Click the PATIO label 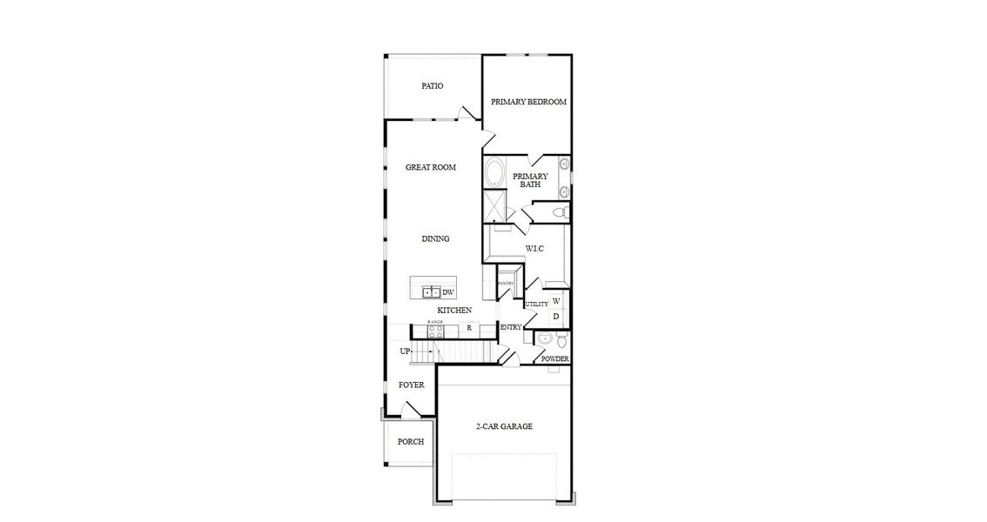coord(433,86)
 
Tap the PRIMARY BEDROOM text coord(528,102)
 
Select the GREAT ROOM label coord(431,167)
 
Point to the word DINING coord(435,239)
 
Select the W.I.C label coord(534,250)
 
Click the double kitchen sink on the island coord(432,292)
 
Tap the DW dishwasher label coord(448,292)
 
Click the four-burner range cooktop coord(435,330)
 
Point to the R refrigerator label coord(468,329)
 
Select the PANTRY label coord(506,284)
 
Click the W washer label coord(556,301)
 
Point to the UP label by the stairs coord(405,351)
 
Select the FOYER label coord(412,385)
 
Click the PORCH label coord(411,442)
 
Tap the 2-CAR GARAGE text coord(504,426)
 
